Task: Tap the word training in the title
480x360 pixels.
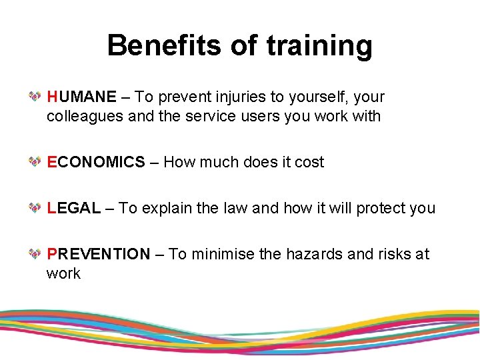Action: tap(319, 46)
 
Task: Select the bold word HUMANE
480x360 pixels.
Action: tap(81, 97)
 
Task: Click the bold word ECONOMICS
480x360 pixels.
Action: tap(96, 162)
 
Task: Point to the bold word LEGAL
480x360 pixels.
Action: tap(74, 208)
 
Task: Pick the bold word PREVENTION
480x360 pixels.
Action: tap(99, 254)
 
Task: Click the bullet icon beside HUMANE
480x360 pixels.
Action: tap(35, 97)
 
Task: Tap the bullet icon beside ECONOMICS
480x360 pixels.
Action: tap(35, 162)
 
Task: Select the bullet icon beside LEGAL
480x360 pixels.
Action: tap(35, 208)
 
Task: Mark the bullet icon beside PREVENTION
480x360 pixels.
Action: tap(35, 254)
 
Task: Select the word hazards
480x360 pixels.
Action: tap(314, 254)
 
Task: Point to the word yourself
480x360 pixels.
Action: tap(312, 97)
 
